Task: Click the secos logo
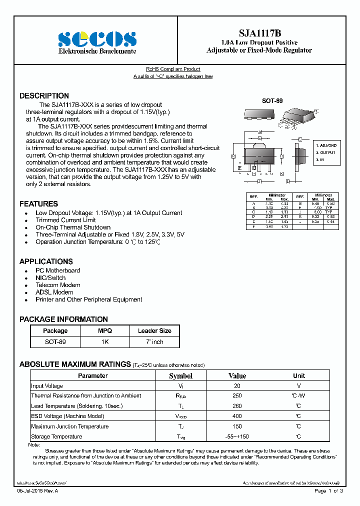97,39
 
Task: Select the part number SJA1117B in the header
259,33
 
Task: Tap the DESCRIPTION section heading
44,96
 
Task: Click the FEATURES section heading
38,204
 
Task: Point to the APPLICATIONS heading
46,261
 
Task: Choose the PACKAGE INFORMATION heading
63,319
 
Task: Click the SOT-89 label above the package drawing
272,101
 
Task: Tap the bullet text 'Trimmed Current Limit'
65,220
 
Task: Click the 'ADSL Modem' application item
54,292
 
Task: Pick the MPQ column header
105,331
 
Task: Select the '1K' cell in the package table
105,342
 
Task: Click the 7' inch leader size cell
154,342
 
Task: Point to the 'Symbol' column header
180,376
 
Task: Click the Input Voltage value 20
237,386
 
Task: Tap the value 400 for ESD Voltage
237,416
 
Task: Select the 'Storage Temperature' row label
56,437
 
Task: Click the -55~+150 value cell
237,437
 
